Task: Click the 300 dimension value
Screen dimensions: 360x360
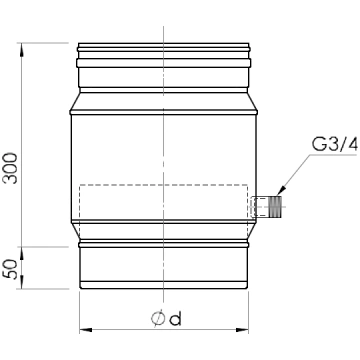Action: tap(10, 168)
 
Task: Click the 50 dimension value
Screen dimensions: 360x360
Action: tap(10, 269)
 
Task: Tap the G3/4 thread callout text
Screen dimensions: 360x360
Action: tap(335, 145)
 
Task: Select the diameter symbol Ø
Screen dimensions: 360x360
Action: tap(158, 319)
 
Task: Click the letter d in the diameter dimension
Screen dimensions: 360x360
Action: tap(175, 319)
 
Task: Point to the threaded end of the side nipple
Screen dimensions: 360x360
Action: tap(275, 207)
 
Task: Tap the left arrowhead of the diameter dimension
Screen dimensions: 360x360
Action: tap(86, 330)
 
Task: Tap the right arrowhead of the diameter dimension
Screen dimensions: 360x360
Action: tap(242, 330)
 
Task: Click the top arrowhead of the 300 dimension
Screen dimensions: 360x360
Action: tap(22, 49)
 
